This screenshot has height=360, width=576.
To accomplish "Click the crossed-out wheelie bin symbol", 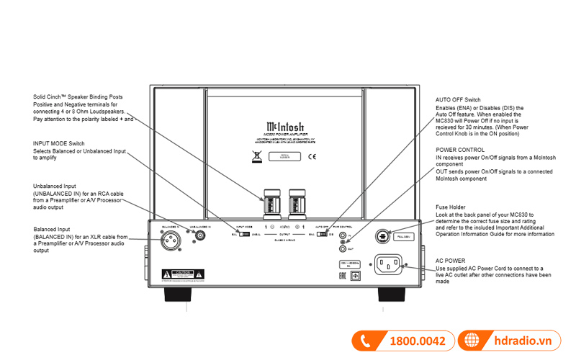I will coord(255,155).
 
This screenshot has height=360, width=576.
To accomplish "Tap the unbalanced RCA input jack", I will coord(198,234).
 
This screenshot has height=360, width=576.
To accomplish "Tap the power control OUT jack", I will coord(343,249).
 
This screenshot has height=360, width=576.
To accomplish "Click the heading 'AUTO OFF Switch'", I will coord(458,99).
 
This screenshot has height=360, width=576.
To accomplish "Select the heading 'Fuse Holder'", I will coord(451,207).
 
